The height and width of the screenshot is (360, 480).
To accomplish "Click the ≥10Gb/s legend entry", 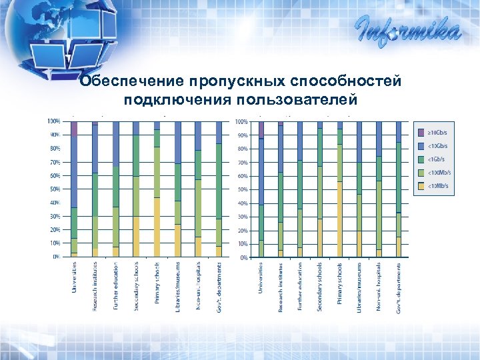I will click(x=436, y=132).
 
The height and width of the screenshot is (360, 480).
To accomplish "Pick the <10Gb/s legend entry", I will click(x=436, y=145).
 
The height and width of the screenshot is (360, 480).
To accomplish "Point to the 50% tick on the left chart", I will click(x=53, y=189).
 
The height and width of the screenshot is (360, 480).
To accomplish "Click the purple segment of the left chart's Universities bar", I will click(x=75, y=129).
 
